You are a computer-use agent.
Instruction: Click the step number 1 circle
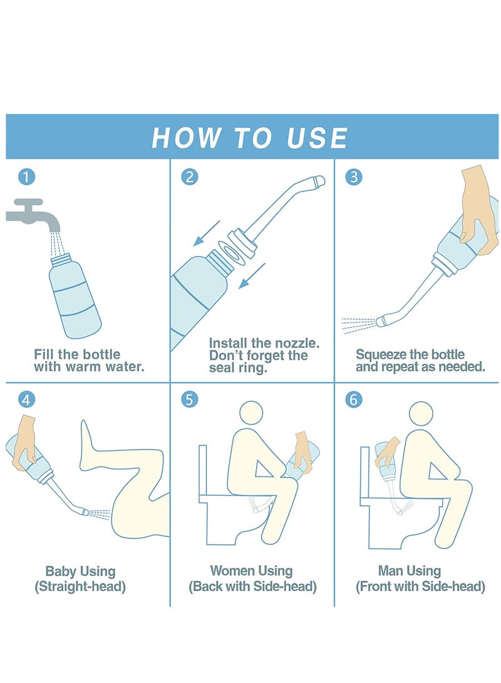(26, 177)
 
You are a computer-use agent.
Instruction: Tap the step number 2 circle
(190, 177)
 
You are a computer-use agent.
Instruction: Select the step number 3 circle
(354, 177)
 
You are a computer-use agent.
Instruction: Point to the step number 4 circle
(26, 399)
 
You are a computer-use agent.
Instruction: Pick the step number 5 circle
(190, 399)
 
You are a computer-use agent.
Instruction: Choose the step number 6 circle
(354, 399)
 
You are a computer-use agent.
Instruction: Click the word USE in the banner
(317, 138)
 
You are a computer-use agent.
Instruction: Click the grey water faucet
(33, 215)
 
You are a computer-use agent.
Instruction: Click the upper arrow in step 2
(207, 234)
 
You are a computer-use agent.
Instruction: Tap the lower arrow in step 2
(252, 275)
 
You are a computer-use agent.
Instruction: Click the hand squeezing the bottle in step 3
(478, 209)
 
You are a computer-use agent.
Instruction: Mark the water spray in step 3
(358, 325)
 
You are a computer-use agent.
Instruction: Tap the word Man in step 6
(390, 570)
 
